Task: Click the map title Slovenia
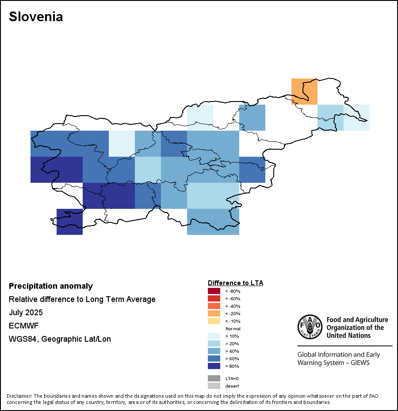pyautogui.click(x=36, y=17)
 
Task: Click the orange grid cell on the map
pyautogui.click(x=304, y=91)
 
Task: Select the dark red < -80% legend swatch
pyautogui.click(x=214, y=291)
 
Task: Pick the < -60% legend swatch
pyautogui.click(x=214, y=298)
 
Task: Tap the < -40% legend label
pyautogui.click(x=233, y=306)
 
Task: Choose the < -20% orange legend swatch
pyautogui.click(x=214, y=313)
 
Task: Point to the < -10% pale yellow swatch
pyautogui.click(x=214, y=321)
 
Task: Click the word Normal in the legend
pyautogui.click(x=233, y=329)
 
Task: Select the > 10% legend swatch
pyautogui.click(x=214, y=336)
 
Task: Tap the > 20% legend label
pyautogui.click(x=232, y=343)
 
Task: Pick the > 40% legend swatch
pyautogui.click(x=214, y=351)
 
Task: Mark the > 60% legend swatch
pyautogui.click(x=214, y=358)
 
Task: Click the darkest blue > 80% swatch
pyautogui.click(x=214, y=366)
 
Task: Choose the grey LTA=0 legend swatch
pyautogui.click(x=214, y=378)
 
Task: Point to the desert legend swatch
pyautogui.click(x=214, y=386)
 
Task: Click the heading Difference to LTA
pyautogui.click(x=235, y=283)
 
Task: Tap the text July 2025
pyautogui.click(x=26, y=313)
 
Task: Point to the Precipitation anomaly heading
pyautogui.click(x=51, y=286)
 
